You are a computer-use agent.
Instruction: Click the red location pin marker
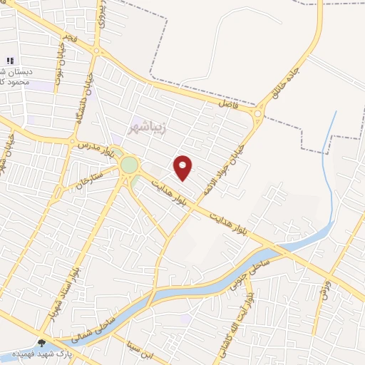(x=183, y=168)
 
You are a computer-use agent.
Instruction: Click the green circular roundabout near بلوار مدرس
(x=128, y=165)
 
